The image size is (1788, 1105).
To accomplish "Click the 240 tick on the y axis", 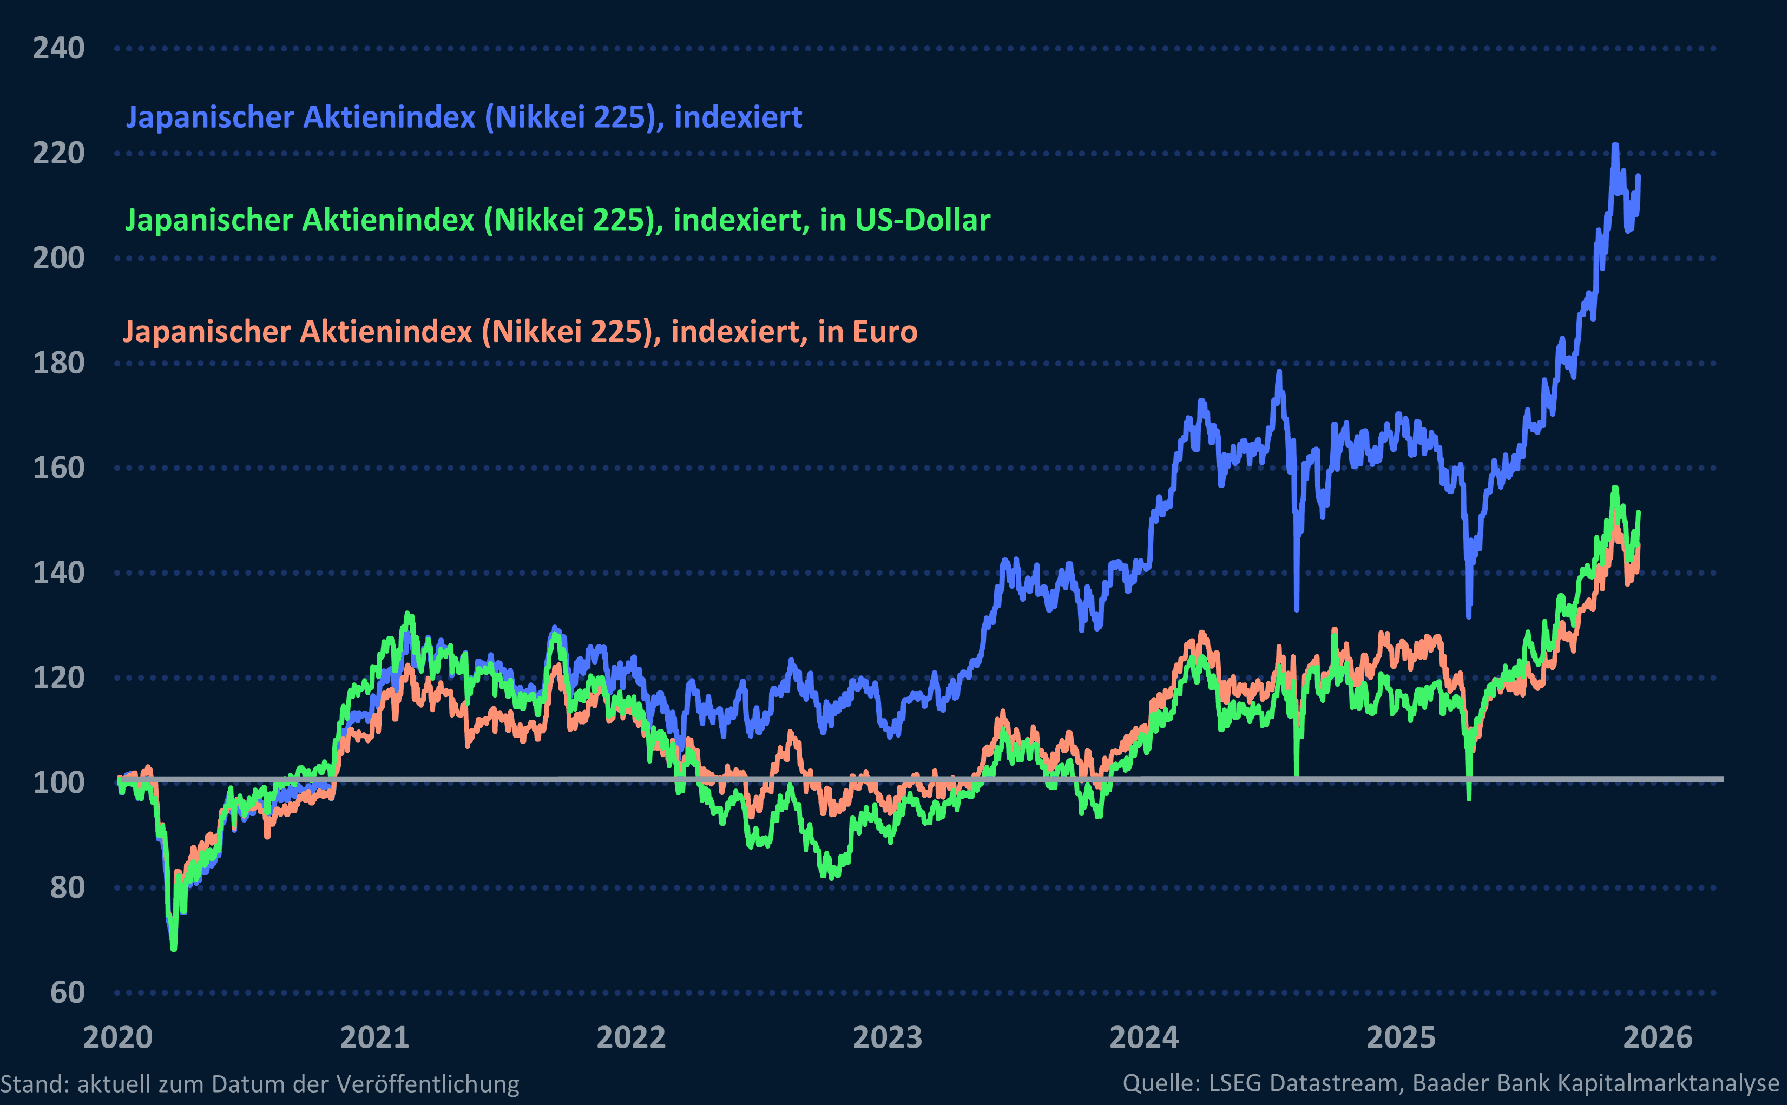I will point(58,48).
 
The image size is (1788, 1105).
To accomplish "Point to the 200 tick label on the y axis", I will point(58,258).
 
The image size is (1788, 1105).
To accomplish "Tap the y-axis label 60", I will point(67,992).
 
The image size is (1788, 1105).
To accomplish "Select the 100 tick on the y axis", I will point(58,782).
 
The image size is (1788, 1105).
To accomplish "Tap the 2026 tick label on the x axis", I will point(1657,1038).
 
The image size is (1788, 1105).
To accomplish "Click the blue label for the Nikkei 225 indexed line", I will point(464,117).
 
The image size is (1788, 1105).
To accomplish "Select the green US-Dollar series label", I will point(557,220).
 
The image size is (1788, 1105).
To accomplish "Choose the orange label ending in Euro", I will point(520,332).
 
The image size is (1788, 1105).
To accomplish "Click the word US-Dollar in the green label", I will point(922,220).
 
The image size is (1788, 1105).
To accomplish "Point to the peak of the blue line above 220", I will point(1615,146).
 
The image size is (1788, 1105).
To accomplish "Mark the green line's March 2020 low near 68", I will point(173,948).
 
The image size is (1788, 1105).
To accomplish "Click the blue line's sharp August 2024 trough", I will point(1296,608).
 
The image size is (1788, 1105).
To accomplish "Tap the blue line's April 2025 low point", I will point(1469,615).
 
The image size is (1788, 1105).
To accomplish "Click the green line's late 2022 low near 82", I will point(832,876).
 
